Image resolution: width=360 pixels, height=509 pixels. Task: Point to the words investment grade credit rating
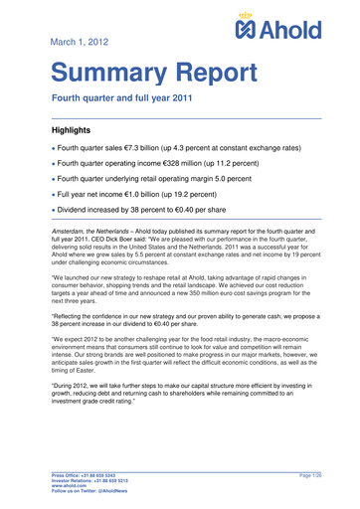coord(105,406)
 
